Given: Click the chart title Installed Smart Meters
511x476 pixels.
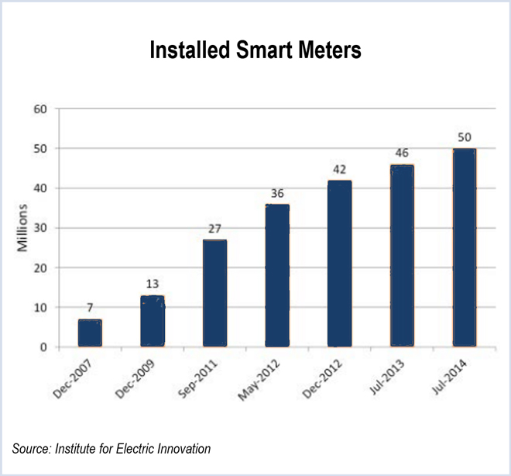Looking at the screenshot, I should [256, 50].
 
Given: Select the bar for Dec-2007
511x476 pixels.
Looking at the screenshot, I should [90, 333].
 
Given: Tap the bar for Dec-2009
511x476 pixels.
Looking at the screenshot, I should [153, 321].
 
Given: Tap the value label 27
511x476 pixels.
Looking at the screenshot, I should [214, 230].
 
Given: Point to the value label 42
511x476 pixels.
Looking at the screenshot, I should [339, 171].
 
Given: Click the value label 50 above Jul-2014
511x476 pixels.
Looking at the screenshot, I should [464, 138].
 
